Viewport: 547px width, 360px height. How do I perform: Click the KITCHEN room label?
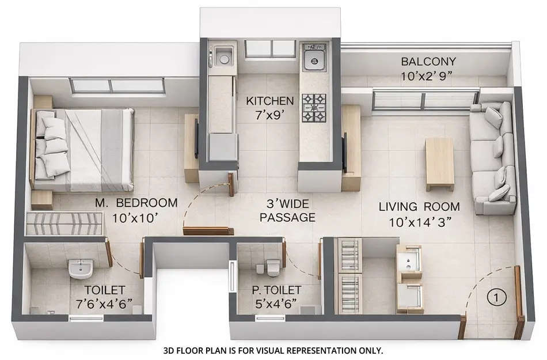270,101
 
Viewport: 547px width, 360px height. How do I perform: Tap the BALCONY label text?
428,62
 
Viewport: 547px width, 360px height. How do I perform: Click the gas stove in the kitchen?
314,108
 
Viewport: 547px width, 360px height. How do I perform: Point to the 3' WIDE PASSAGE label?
287,210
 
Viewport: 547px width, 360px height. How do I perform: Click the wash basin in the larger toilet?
80,268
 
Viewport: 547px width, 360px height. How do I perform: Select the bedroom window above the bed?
117,86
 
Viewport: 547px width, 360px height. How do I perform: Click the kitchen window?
270,48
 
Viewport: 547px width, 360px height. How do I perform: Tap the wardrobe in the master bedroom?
64,223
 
